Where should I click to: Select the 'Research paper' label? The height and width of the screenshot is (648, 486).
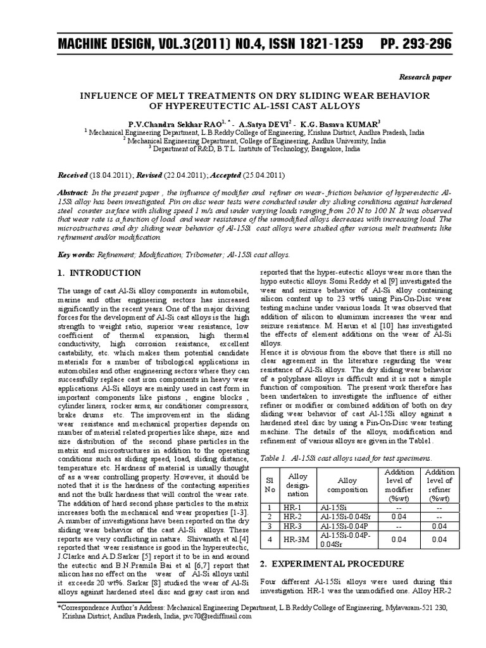point(425,77)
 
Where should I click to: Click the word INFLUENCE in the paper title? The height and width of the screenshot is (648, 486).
point(104,95)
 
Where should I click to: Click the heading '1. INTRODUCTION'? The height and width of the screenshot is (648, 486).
point(99,273)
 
